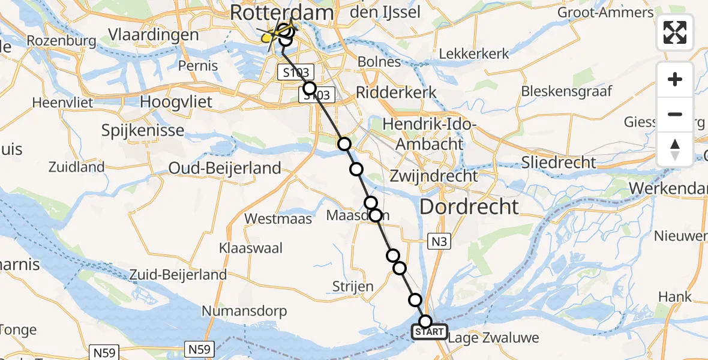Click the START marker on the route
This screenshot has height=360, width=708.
pyautogui.click(x=429, y=331)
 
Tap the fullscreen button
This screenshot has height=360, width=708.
pyautogui.click(x=675, y=32)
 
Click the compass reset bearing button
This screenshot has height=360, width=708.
pyautogui.click(x=675, y=149)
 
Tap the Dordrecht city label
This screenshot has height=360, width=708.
pyautogui.click(x=469, y=207)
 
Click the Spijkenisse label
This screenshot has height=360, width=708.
pyautogui.click(x=143, y=130)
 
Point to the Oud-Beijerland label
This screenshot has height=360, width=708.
pyautogui.click(x=224, y=168)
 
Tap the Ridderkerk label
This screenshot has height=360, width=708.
pyautogui.click(x=397, y=92)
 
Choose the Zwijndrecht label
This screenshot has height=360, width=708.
pyautogui.click(x=433, y=176)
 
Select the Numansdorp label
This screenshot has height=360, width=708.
pyautogui.click(x=244, y=311)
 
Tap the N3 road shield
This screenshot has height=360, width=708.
pyautogui.click(x=438, y=242)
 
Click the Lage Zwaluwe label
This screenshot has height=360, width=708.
pyautogui.click(x=493, y=337)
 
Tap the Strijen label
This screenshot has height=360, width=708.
pyautogui.click(x=353, y=287)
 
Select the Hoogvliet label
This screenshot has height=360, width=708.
pyautogui.click(x=176, y=102)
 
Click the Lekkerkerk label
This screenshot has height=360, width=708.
pyautogui.click(x=474, y=53)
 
